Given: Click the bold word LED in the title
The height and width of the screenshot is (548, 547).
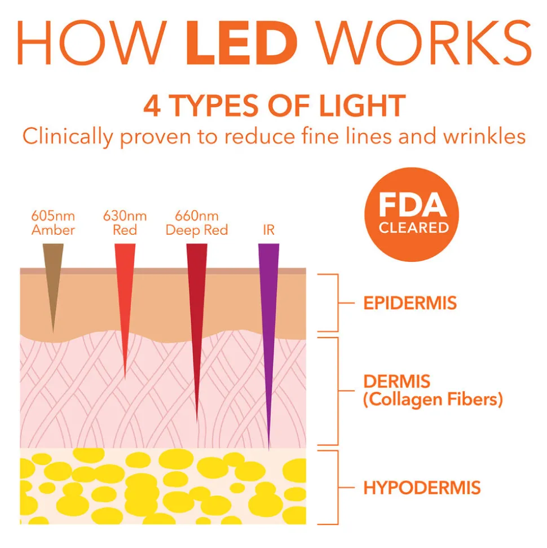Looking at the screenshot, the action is click(x=241, y=43).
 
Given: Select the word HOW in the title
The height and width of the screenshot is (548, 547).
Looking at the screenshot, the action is click(x=91, y=43).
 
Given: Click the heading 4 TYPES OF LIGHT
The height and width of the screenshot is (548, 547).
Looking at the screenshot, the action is click(x=275, y=106).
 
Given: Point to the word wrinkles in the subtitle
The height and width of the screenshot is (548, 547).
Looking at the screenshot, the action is click(x=484, y=136).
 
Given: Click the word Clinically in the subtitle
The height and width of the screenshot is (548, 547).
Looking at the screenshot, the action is click(x=68, y=137).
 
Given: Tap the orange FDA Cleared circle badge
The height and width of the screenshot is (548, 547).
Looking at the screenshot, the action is click(x=412, y=214).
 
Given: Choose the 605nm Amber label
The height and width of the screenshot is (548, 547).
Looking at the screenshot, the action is click(x=53, y=223).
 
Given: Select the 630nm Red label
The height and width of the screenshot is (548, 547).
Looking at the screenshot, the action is click(x=125, y=223).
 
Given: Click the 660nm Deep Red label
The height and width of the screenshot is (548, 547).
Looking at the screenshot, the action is click(x=197, y=223).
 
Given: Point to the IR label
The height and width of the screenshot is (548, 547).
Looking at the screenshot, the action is click(x=268, y=230).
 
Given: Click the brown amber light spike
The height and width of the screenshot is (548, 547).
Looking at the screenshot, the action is click(x=53, y=279).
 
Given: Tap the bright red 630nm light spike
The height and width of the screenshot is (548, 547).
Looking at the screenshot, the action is click(x=125, y=301).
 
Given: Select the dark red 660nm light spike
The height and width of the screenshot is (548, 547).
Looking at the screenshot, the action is click(x=197, y=322).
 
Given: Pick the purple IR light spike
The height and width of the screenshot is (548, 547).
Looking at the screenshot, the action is click(x=268, y=335).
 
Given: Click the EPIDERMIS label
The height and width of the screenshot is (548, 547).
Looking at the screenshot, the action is click(x=410, y=303).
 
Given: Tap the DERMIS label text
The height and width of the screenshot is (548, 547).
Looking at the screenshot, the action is click(x=397, y=382).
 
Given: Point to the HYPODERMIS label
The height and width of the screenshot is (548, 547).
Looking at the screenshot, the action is click(x=422, y=488).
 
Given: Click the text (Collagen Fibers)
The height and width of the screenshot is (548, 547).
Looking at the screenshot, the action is click(x=433, y=400).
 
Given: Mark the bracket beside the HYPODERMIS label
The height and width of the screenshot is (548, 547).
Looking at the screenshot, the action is click(x=338, y=488).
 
